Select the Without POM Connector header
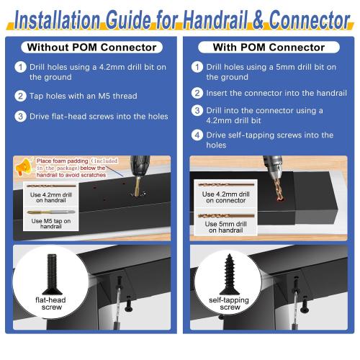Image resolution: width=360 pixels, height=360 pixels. tap(91, 48)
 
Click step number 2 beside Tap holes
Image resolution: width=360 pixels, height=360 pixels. tap(22, 96)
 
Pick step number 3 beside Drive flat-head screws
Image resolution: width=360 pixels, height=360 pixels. tap(22, 116)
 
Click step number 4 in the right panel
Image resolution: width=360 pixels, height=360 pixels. tap(197, 135)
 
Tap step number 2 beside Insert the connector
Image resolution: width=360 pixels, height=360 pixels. tap(197, 93)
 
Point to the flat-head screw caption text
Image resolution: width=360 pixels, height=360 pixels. tap(51, 305)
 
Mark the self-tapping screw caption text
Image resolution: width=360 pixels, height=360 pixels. tap(228, 305)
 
